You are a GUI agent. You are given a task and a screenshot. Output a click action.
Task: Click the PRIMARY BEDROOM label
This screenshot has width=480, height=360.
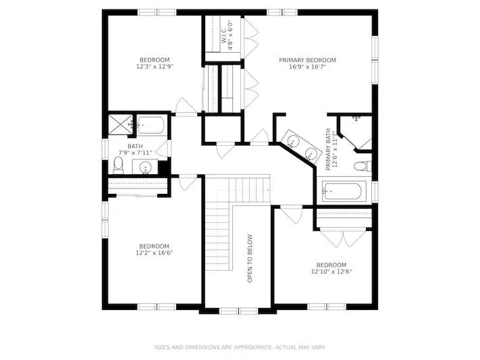pos(307,60)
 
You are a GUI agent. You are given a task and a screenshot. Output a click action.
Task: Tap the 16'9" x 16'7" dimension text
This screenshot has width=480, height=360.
pos(308,66)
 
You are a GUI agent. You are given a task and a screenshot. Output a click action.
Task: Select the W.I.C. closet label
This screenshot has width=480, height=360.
pos(223,35)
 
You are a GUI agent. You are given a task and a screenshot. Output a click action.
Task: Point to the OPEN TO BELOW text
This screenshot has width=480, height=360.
pos(250,258)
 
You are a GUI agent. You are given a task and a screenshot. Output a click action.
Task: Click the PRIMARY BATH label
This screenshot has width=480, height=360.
pos(328,149)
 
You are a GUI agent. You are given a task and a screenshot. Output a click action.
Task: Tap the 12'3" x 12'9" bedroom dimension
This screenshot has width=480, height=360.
pos(155,66)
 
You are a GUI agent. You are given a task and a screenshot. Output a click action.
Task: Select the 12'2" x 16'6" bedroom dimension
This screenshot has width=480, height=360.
pos(155,253)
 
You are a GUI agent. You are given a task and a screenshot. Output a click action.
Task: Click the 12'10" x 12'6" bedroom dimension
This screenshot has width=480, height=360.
pos(331,272)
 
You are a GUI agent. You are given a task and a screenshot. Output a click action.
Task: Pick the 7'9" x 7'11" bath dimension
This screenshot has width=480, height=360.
pos(135,153)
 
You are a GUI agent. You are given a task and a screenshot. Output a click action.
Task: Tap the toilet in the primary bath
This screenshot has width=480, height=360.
pos(363,166)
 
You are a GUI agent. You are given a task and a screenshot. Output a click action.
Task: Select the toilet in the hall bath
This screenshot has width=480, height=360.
pos(118,165)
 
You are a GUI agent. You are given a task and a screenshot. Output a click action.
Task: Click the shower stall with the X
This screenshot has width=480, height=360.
pos(120,124)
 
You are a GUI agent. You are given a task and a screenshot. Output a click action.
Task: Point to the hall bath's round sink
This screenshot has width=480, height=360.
pos(145,168)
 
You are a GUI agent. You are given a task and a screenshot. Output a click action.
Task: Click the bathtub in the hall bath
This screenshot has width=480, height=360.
pos(151,125)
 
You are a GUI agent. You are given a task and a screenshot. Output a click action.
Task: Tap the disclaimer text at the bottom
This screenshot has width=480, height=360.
pos(240,347)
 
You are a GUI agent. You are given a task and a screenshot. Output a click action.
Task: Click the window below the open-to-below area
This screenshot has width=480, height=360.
pos(239,311)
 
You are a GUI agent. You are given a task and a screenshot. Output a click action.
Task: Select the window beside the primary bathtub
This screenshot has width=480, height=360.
pos(375,192)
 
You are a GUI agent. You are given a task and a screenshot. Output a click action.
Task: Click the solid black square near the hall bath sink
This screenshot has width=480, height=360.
pos(163,168)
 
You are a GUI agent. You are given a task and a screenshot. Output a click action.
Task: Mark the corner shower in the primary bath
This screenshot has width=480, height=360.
pos(356,132)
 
